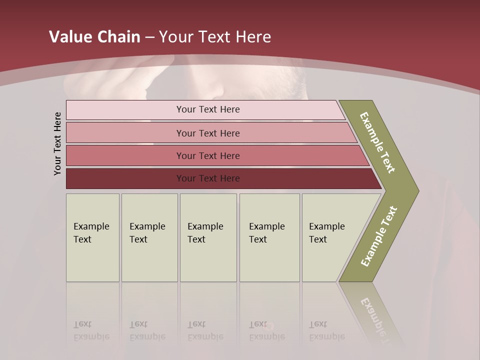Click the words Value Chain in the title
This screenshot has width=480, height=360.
click(94, 37)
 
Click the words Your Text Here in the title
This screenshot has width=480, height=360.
click(215, 37)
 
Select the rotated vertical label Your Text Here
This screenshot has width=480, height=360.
click(57, 143)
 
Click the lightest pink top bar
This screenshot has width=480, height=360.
click(208, 109)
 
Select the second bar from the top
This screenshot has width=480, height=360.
click(208, 133)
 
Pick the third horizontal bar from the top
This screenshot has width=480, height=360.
click(208, 155)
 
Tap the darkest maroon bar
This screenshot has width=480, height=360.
click(208, 178)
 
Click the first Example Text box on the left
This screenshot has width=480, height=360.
click(92, 237)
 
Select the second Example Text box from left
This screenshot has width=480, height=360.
click(149, 237)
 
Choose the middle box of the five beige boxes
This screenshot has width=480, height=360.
click(208, 237)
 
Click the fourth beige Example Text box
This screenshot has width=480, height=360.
click(269, 237)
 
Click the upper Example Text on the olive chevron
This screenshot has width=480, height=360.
click(378, 142)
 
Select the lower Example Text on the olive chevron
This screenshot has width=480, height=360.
click(379, 236)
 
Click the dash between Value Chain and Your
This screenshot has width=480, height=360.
click(149, 37)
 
